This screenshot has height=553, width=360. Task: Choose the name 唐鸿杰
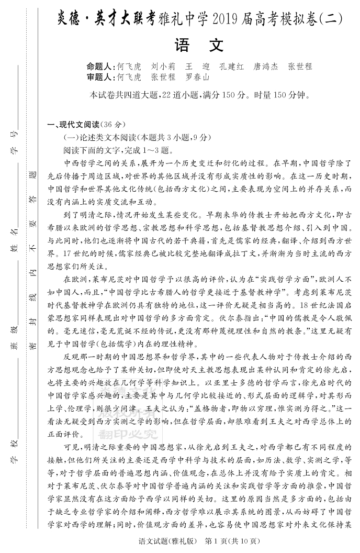[x=265, y=67]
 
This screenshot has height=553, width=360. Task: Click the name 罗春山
[x=197, y=77]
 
